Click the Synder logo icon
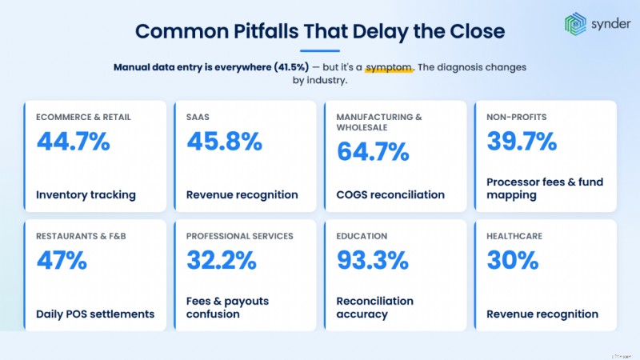[x=575, y=24]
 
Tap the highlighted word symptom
[x=389, y=67]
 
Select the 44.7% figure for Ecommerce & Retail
[x=74, y=142]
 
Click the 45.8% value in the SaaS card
[x=225, y=142]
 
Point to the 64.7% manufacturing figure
[x=373, y=151]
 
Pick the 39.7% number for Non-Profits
[x=522, y=142]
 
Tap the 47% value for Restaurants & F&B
[x=62, y=261]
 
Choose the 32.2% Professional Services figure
[x=222, y=261]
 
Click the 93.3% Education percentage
[x=373, y=261]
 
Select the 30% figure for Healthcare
[x=513, y=261]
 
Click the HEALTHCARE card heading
[x=514, y=236]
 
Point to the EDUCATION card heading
[x=362, y=236]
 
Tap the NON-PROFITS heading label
[x=516, y=117]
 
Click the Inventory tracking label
[x=86, y=195]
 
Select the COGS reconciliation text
[x=390, y=195]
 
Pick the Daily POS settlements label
[x=95, y=314]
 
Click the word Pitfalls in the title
[x=266, y=31]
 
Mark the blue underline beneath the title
[x=320, y=51]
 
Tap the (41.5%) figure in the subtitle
[x=291, y=67]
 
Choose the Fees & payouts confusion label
[x=227, y=308]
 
